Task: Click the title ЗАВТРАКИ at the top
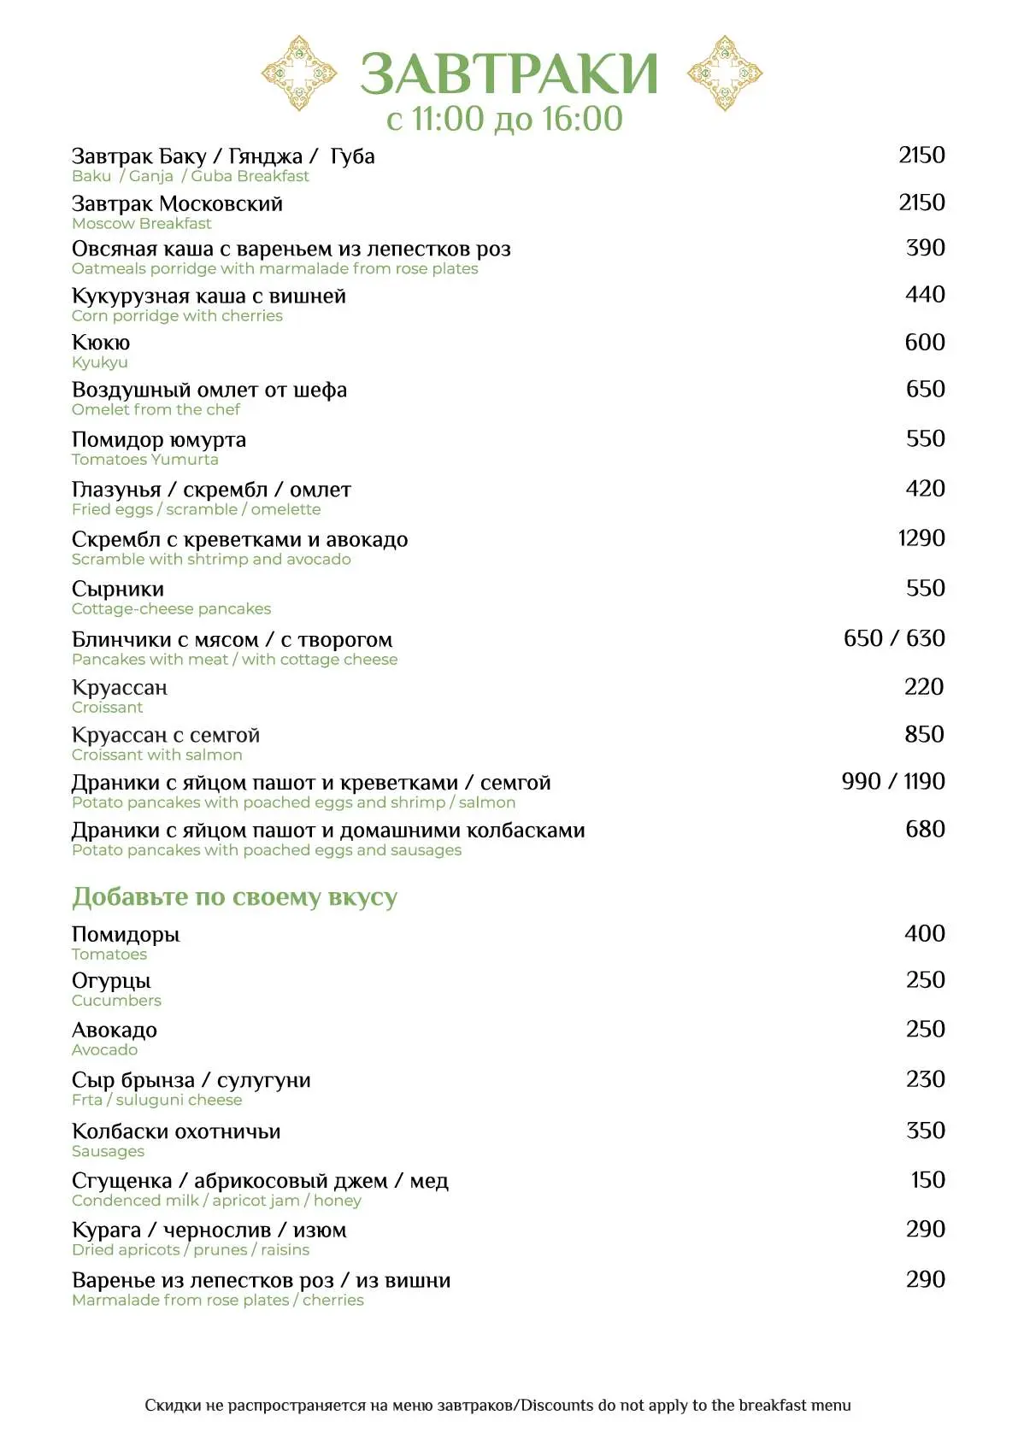[x=509, y=73]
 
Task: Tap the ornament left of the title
[x=299, y=73]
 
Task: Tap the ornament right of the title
[x=724, y=73]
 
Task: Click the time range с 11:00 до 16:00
[x=504, y=119]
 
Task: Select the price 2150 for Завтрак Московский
[x=921, y=203]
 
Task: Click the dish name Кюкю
[x=101, y=343]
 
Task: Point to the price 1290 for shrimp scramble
[x=921, y=538]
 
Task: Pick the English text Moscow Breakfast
[x=142, y=224]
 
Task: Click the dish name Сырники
[x=118, y=590]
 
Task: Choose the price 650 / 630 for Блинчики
[x=894, y=638]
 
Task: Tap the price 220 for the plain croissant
[x=924, y=687]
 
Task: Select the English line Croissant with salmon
[x=157, y=755]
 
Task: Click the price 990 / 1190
[x=893, y=782]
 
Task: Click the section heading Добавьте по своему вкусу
[x=234, y=897]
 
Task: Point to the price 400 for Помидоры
[x=925, y=934]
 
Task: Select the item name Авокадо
[x=115, y=1031]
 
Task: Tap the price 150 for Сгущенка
[x=927, y=1180]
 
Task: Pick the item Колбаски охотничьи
[x=176, y=1132]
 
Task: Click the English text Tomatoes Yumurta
[x=145, y=460]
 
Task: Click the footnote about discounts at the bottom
[x=497, y=1405]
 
